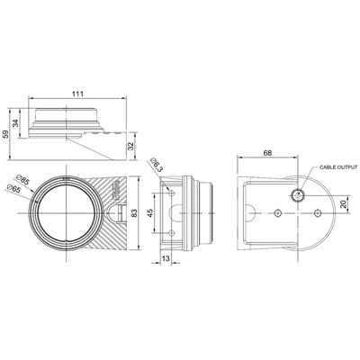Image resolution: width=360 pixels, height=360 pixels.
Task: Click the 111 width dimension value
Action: (x=77, y=94)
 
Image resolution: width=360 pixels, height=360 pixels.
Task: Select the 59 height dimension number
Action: (x=5, y=134)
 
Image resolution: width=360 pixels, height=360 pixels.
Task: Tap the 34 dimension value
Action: (x=15, y=123)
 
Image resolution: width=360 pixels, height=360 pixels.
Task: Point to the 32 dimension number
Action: (x=131, y=146)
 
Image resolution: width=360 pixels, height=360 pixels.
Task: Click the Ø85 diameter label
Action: (x=23, y=180)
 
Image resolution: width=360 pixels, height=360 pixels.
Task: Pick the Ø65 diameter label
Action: (x=13, y=189)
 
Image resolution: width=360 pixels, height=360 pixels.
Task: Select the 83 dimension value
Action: (x=134, y=212)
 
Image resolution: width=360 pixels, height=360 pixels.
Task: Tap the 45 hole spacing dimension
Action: (x=150, y=212)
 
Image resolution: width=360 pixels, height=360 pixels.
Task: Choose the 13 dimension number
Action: (x=166, y=258)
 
